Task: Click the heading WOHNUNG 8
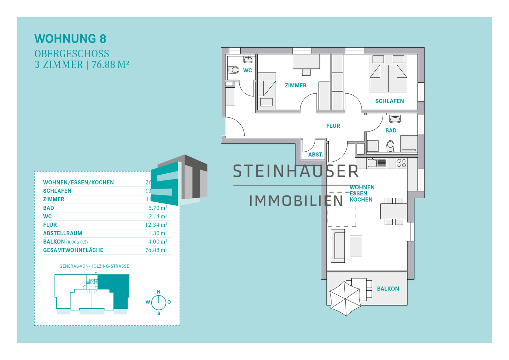coord(70,39)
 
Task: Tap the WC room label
coord(247,70)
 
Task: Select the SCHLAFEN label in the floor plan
coord(389,101)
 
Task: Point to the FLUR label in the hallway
coord(333,126)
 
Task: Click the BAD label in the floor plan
coord(391,130)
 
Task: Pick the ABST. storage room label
coord(315,155)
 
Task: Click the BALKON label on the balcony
coord(388,289)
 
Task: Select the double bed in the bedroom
coord(388,74)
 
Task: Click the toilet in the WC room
coord(234,70)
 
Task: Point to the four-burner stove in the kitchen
coord(402,163)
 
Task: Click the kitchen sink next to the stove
coord(373,163)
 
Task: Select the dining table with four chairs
coord(394,211)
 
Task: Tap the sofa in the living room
coord(338,245)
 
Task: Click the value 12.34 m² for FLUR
coord(156,225)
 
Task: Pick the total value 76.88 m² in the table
coord(156,250)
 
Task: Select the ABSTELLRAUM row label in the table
coord(63,233)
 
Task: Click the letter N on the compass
coord(159,292)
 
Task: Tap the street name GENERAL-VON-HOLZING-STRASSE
coord(94,266)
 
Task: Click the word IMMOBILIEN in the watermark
coord(296,201)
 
